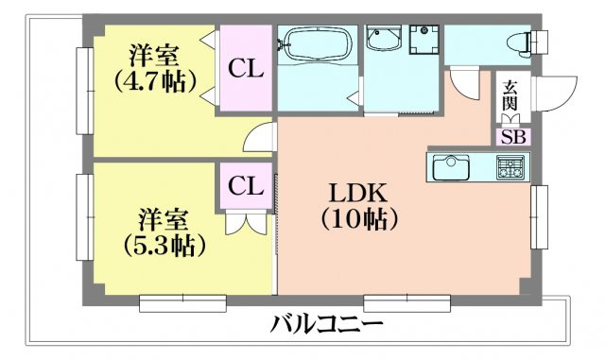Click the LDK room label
[x=357, y=192]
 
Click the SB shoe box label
[x=513, y=136]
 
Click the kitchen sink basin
[x=452, y=169]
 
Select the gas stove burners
[x=511, y=169]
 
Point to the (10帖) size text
[x=357, y=219]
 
